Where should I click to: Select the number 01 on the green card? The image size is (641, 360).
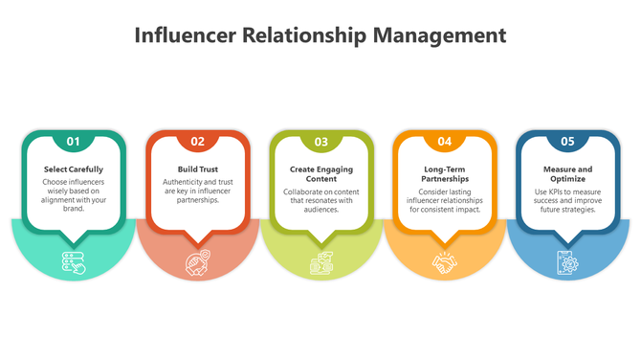coord(74,142)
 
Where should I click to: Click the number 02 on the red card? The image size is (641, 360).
coord(198,142)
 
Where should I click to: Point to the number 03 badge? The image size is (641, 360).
coord(321,142)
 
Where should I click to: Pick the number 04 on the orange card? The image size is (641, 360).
coord(445,142)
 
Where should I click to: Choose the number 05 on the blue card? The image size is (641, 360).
coord(568,142)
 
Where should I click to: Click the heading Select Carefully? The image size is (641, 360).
coord(74,169)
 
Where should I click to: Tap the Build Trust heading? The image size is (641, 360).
coord(198,169)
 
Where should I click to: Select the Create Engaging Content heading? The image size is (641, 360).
coord(321,174)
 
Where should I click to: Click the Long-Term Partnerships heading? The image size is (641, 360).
coord(445,174)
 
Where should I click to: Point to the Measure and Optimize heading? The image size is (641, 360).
coord(568,174)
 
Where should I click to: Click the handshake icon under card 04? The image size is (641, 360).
coord(445,261)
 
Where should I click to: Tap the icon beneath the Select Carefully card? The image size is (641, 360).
coord(74,261)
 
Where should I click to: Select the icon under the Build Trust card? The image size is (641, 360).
coord(198,261)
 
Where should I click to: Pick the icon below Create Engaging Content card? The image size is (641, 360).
coord(321,261)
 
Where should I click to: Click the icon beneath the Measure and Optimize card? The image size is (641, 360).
coord(568,261)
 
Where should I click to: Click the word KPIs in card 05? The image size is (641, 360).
coord(558,191)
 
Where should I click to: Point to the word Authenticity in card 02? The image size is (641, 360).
coord(185,182)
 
